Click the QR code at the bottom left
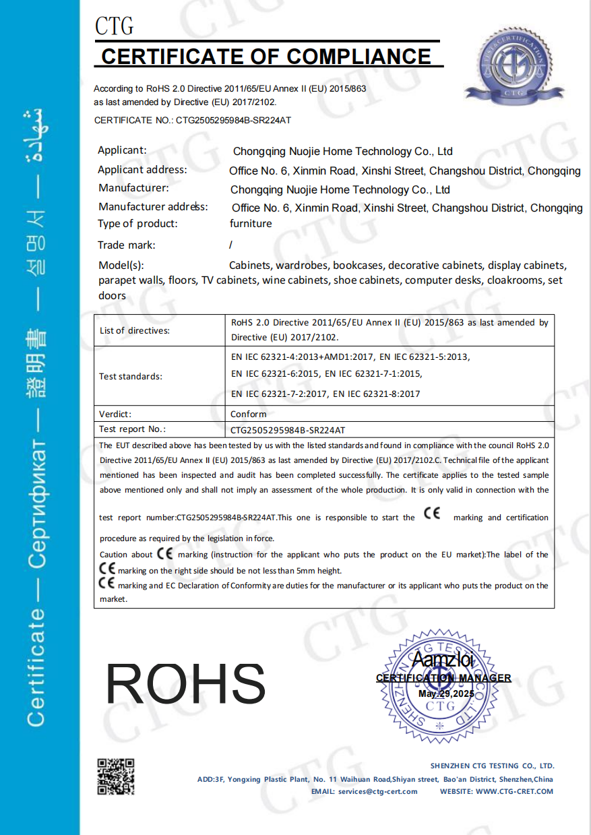(x=116, y=776)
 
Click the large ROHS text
(x=185, y=684)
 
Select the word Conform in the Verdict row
(x=249, y=414)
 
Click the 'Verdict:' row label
(x=115, y=414)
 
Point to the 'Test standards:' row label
(x=131, y=376)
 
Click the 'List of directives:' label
(x=135, y=330)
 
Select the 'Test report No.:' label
(x=133, y=429)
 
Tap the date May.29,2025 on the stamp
(x=446, y=693)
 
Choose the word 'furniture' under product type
(x=251, y=224)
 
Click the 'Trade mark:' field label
(x=126, y=245)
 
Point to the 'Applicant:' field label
(x=122, y=150)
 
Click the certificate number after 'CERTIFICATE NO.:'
(x=233, y=120)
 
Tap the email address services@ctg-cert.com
(x=377, y=791)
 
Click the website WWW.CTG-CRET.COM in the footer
(x=514, y=791)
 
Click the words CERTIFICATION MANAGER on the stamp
(x=443, y=678)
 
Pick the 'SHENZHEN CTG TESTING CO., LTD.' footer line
(x=492, y=766)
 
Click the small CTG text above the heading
(x=114, y=26)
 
